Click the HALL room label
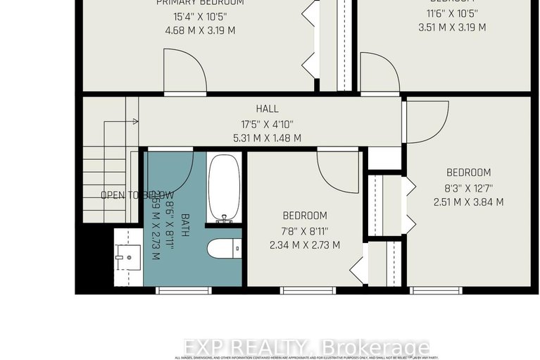pyautogui.click(x=267, y=108)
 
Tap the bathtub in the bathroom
pyautogui.click(x=225, y=189)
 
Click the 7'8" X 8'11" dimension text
pyautogui.click(x=305, y=230)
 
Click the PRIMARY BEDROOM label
pyautogui.click(x=201, y=3)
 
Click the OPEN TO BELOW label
pyautogui.click(x=137, y=195)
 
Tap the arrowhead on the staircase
pyautogui.click(x=134, y=122)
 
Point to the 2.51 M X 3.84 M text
pyautogui.click(x=468, y=202)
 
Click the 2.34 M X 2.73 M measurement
pyautogui.click(x=305, y=245)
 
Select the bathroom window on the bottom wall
pyautogui.click(x=174, y=290)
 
